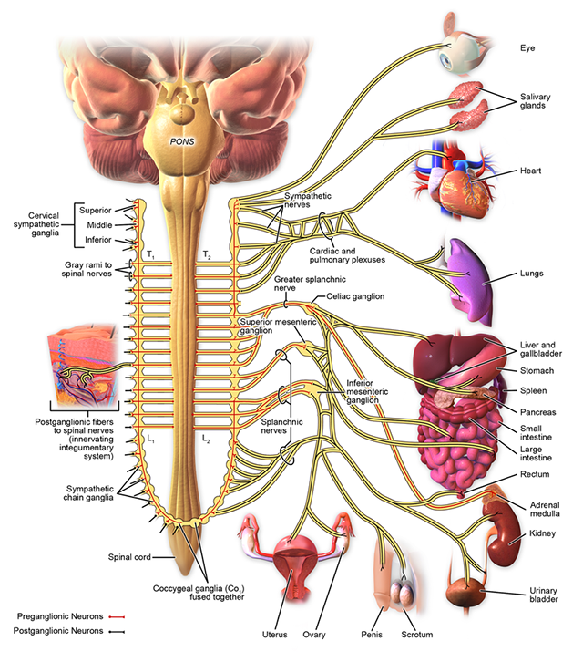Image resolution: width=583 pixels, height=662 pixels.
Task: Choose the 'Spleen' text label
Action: click(534, 389)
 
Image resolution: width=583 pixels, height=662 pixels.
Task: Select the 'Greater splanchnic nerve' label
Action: click(298, 284)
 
